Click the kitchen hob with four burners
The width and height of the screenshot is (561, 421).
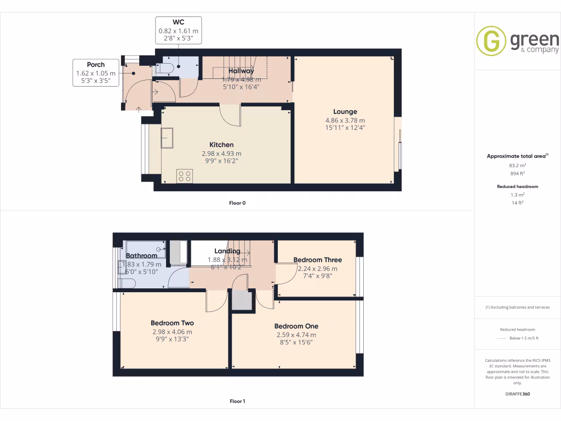tap(185, 176)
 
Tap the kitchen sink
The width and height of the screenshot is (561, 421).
tap(167, 138)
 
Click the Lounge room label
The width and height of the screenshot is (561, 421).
tap(345, 112)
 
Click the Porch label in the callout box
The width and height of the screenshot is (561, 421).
tap(95, 65)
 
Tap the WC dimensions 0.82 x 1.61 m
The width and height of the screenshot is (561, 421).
tap(179, 31)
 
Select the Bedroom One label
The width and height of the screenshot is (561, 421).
tap(296, 326)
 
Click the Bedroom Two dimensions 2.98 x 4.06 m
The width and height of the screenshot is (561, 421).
tap(172, 332)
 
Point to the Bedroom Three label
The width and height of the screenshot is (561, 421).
tap(317, 260)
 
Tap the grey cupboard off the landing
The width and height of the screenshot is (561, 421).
tap(241, 300)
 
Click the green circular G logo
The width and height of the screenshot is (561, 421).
tap(491, 41)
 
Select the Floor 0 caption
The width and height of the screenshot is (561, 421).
tap(237, 203)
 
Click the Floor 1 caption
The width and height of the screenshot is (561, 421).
tap(237, 401)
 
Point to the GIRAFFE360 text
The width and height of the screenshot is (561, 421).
tap(518, 394)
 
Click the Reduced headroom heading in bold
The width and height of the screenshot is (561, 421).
tap(518, 186)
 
